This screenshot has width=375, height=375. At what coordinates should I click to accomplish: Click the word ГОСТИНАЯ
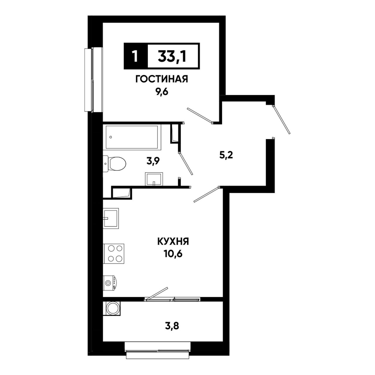(161, 79)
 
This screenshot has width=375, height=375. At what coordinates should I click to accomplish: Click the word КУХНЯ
(173, 242)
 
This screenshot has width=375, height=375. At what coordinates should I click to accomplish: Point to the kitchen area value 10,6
(173, 254)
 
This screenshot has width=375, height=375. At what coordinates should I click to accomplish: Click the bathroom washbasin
(154, 179)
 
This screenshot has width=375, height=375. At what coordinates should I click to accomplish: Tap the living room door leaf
(200, 116)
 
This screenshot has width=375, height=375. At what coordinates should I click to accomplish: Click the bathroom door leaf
(185, 164)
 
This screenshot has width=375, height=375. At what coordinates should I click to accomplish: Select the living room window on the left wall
(93, 80)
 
